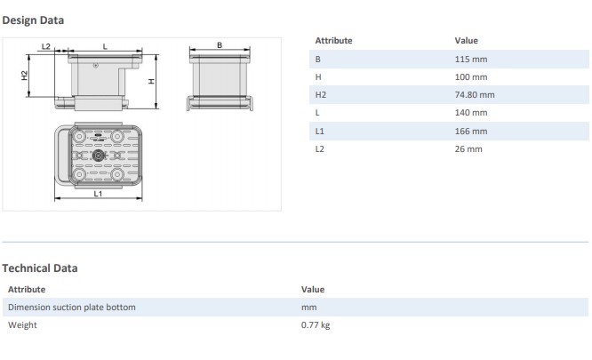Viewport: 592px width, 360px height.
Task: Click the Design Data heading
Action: click(33, 20)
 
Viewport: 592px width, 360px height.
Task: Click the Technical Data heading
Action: click(39, 268)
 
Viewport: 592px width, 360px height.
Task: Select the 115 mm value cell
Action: click(470, 59)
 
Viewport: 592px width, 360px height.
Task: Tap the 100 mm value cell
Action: click(470, 76)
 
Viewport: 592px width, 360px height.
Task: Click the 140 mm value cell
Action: click(470, 113)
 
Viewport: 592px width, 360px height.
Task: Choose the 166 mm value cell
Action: click(470, 131)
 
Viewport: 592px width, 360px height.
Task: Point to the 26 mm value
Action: click(468, 148)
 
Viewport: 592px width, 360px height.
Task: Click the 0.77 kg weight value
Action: click(316, 325)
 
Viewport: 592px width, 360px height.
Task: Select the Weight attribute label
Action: click(22, 325)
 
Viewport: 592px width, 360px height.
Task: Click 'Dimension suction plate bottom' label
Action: click(72, 307)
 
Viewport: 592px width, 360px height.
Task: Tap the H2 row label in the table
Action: click(321, 94)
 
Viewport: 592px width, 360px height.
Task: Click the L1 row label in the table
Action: click(320, 131)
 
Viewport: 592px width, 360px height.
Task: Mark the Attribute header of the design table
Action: click(333, 40)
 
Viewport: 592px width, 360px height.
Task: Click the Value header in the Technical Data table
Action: click(313, 289)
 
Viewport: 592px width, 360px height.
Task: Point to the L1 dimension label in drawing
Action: click(99, 193)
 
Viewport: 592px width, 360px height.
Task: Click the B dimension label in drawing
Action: click(219, 44)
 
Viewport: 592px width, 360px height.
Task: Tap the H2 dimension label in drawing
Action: click(25, 76)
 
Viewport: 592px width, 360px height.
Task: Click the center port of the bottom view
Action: click(99, 155)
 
